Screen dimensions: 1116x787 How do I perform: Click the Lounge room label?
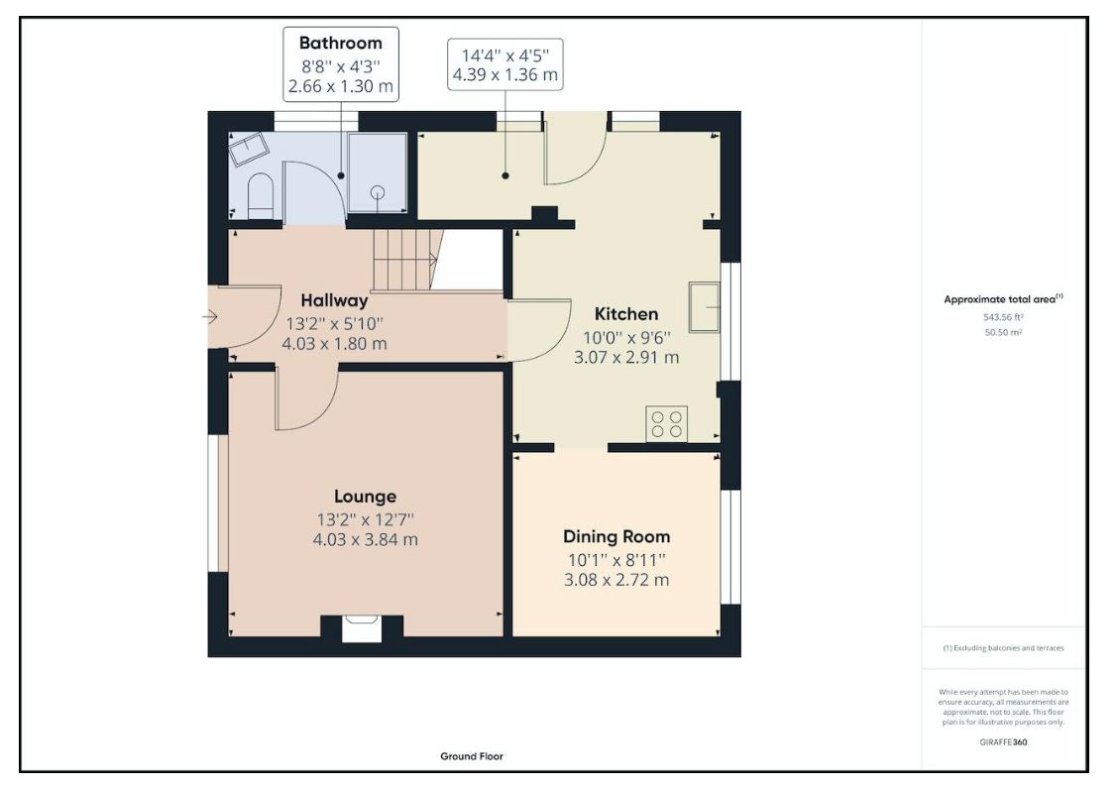tap(365, 496)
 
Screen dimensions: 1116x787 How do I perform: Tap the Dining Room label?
tap(616, 536)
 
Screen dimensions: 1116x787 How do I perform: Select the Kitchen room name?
tap(626, 314)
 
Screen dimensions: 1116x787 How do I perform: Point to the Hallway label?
tap(334, 300)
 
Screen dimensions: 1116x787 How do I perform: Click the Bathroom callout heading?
tap(340, 43)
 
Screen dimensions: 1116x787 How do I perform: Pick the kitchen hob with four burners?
tap(667, 423)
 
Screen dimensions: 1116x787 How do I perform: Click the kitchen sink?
tap(705, 306)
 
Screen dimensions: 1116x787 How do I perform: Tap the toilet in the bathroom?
tap(261, 195)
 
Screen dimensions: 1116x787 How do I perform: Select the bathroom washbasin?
tap(248, 149)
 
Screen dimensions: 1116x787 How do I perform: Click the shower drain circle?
tap(378, 191)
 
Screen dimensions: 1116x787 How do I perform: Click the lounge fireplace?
tap(362, 629)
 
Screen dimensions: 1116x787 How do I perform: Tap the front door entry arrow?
tap(210, 316)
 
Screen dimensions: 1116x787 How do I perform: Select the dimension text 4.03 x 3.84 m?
tap(365, 539)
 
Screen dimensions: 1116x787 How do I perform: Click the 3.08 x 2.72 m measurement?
tap(616, 580)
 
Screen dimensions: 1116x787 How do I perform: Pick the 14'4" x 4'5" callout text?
tap(504, 56)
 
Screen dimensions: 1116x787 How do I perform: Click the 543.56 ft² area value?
tap(1003, 317)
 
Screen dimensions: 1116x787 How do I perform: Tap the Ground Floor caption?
tap(471, 756)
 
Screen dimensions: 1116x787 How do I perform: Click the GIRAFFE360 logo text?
tap(1003, 742)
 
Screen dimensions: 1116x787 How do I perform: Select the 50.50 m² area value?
tap(1003, 332)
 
